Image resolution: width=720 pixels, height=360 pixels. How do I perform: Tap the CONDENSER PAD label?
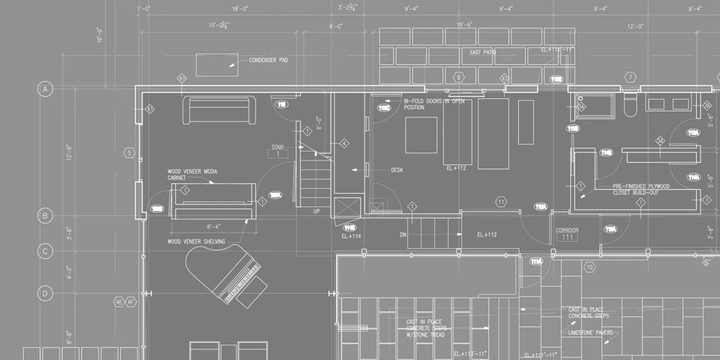[268, 60]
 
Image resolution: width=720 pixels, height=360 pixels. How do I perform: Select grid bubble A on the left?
[45, 89]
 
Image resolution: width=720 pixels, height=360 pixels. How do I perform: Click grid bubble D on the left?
[45, 293]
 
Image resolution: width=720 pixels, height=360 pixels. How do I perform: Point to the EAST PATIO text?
[483, 52]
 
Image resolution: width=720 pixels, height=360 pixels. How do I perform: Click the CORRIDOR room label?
[567, 231]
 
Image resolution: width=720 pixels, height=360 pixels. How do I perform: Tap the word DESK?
[397, 170]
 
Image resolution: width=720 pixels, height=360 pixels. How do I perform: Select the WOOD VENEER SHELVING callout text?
[196, 242]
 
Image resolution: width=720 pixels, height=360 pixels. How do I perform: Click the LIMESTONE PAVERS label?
[591, 333]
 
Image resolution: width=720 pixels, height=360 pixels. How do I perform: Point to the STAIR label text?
[278, 147]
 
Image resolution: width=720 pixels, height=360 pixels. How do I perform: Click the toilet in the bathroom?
[629, 106]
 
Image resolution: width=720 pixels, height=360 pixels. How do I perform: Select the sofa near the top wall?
[219, 110]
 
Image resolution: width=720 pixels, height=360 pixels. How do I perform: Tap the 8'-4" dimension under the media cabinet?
[213, 226]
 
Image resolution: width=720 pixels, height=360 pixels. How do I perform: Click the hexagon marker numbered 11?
[501, 202]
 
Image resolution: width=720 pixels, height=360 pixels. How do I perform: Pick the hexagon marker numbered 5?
[129, 153]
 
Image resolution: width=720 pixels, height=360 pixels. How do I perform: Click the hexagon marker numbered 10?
[590, 267]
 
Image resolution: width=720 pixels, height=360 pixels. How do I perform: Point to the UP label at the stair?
[316, 211]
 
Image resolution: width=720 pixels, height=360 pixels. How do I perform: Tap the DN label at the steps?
[403, 235]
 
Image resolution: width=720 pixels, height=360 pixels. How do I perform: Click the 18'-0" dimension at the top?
[240, 9]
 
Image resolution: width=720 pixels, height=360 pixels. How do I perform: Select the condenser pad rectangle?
[216, 64]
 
